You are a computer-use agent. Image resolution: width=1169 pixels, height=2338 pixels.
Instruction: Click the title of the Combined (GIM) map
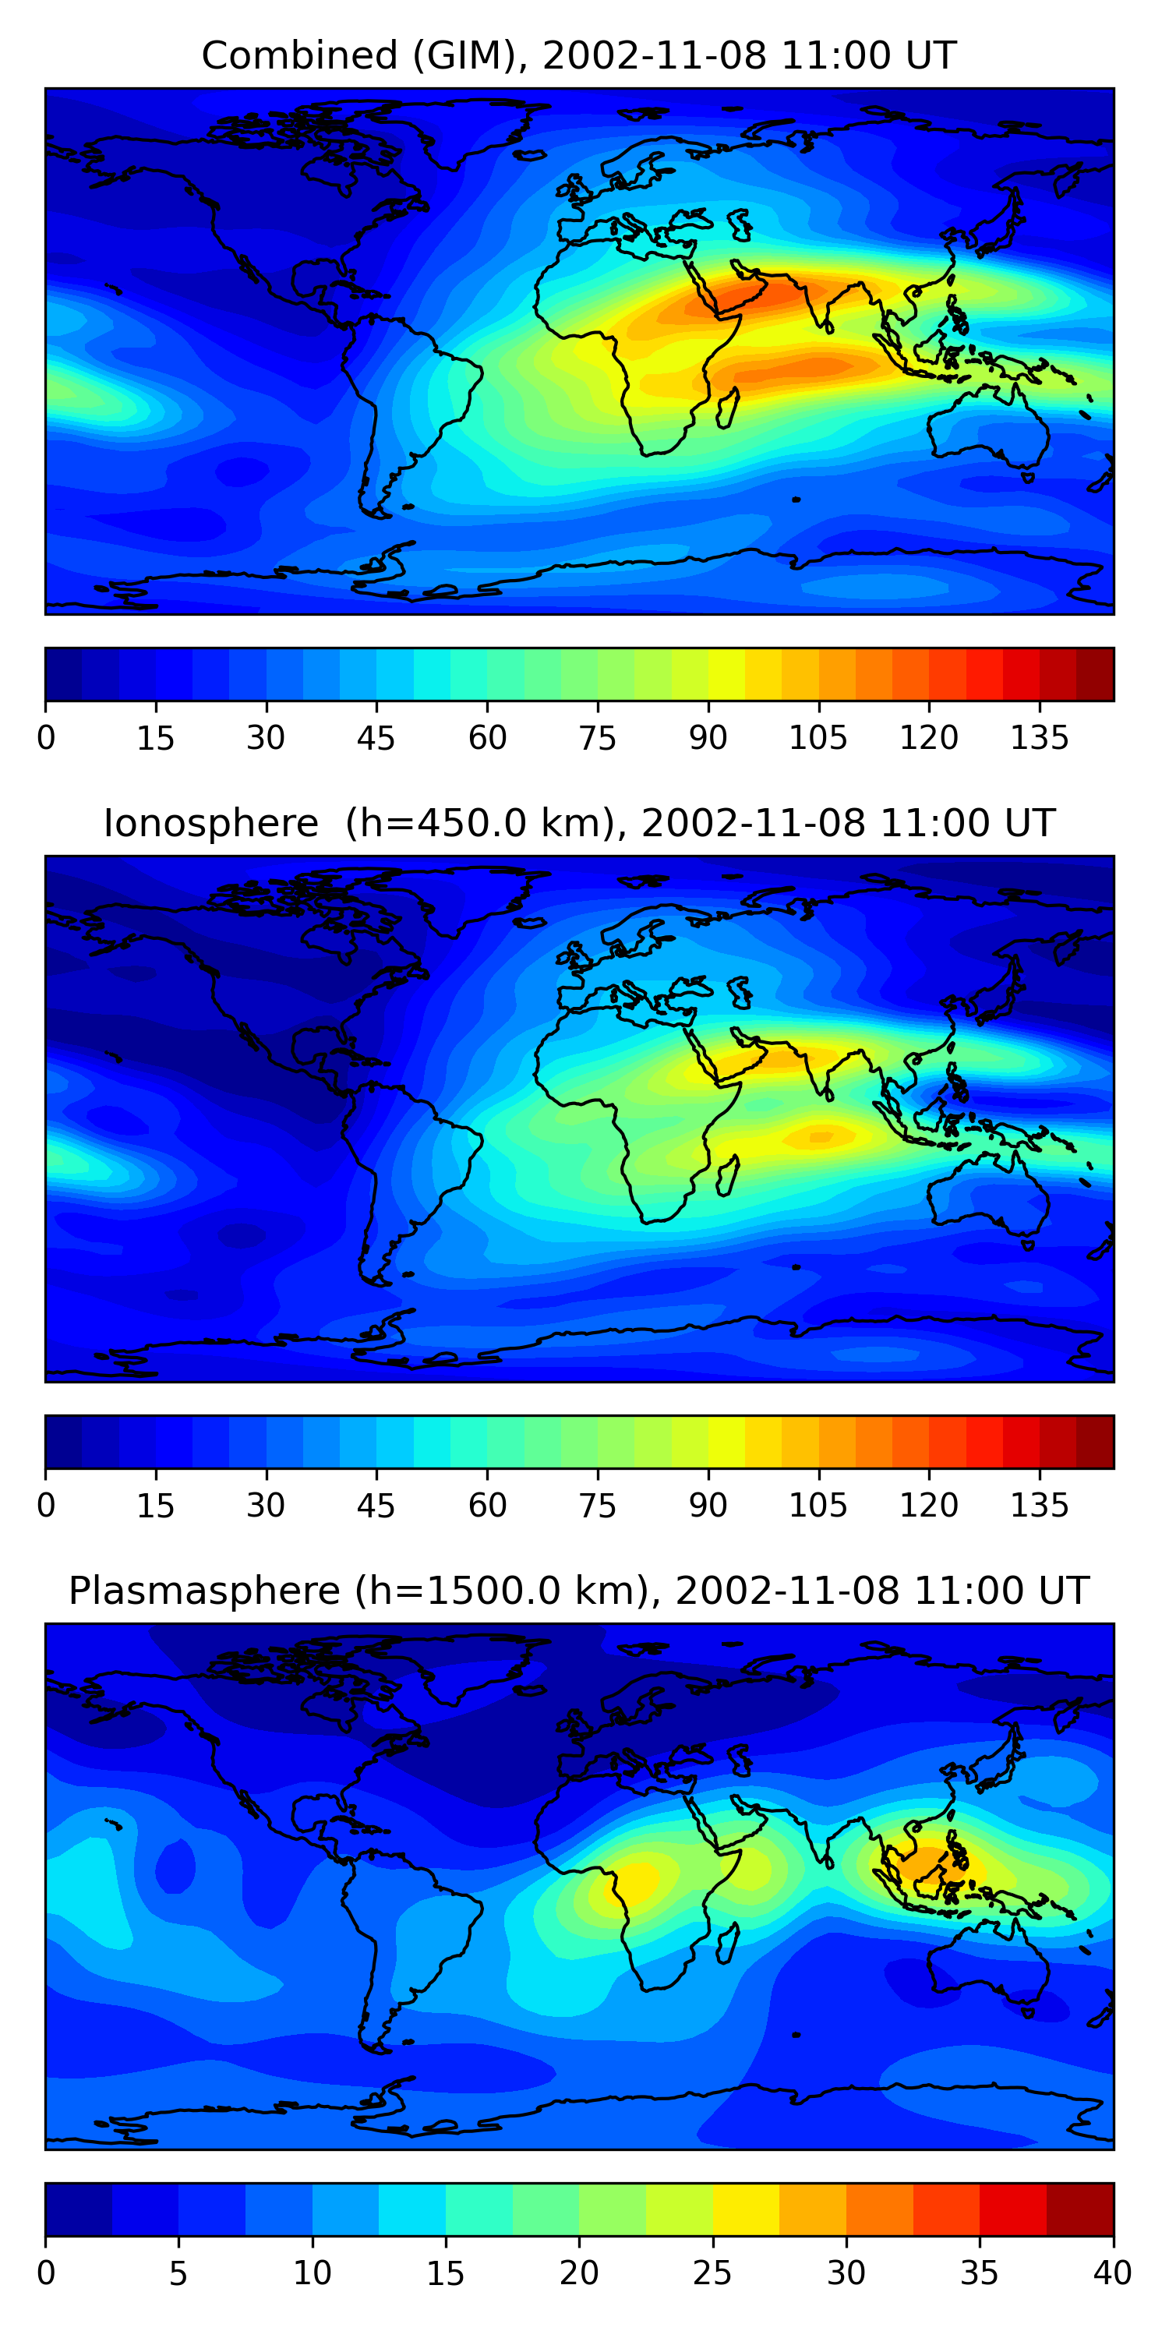click(x=578, y=55)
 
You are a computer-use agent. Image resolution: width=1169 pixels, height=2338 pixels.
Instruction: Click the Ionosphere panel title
click(x=578, y=823)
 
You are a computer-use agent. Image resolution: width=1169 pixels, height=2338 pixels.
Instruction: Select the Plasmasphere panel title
click(x=578, y=1591)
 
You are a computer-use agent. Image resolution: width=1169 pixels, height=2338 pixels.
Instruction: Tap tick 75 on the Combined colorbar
click(x=597, y=738)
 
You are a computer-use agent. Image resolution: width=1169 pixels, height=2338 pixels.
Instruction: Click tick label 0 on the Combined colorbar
click(x=46, y=738)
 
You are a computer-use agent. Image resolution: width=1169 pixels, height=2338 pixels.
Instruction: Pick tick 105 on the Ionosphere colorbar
click(x=818, y=1506)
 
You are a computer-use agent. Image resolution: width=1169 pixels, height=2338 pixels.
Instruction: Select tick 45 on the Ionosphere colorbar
click(x=376, y=1506)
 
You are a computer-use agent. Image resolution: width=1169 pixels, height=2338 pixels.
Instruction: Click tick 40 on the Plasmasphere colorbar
click(x=1112, y=2273)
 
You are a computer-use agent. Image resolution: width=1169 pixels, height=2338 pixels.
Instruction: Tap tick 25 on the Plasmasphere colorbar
click(x=712, y=2273)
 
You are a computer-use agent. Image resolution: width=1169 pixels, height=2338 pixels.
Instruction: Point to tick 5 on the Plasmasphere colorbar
click(x=178, y=2273)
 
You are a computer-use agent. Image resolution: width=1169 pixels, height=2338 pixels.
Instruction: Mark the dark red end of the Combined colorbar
click(x=1095, y=674)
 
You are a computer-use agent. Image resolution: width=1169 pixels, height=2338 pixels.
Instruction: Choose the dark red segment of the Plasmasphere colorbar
click(x=1080, y=2210)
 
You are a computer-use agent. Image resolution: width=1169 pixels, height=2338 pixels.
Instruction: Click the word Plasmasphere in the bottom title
click(x=204, y=1591)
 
